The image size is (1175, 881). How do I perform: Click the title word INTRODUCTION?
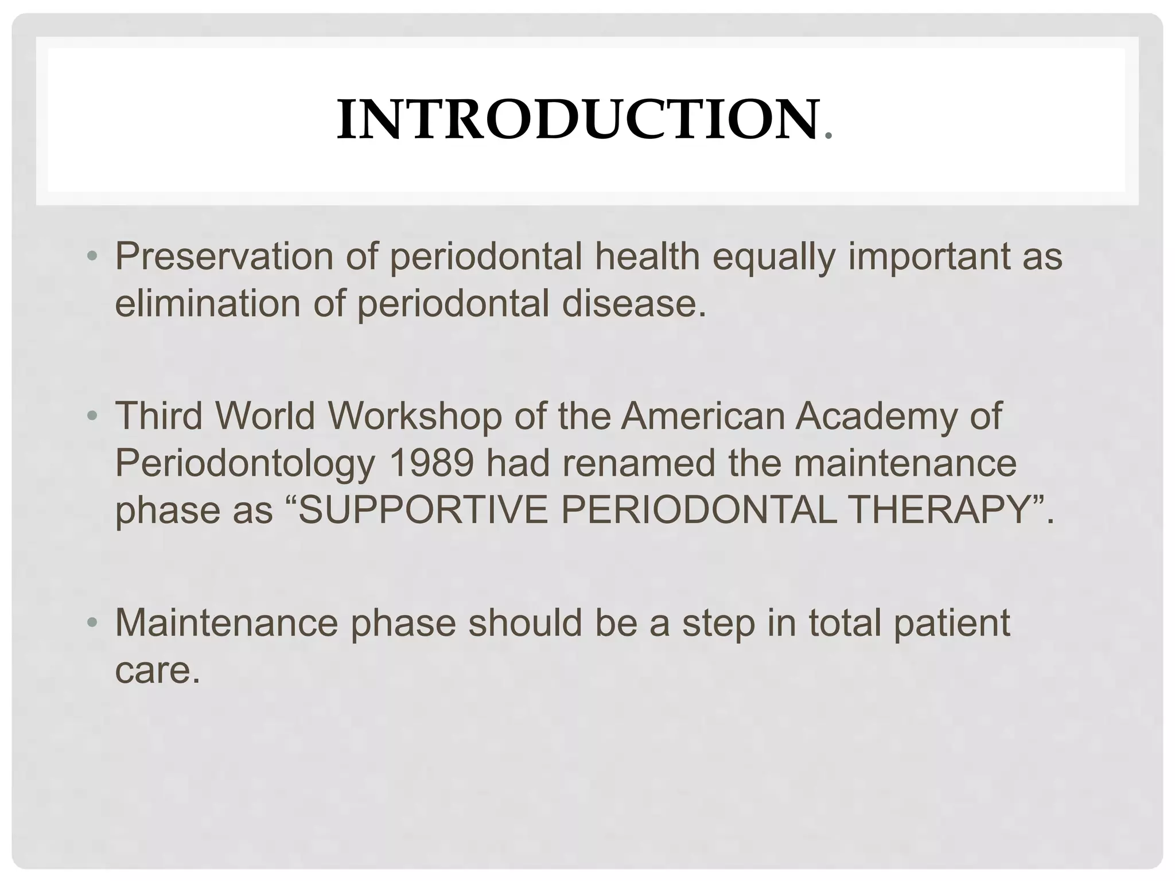click(577, 120)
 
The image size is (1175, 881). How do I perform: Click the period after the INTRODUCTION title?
click(827, 137)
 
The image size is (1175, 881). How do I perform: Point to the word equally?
click(773, 258)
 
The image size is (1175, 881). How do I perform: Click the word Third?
click(159, 416)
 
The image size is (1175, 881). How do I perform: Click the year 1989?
click(431, 463)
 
